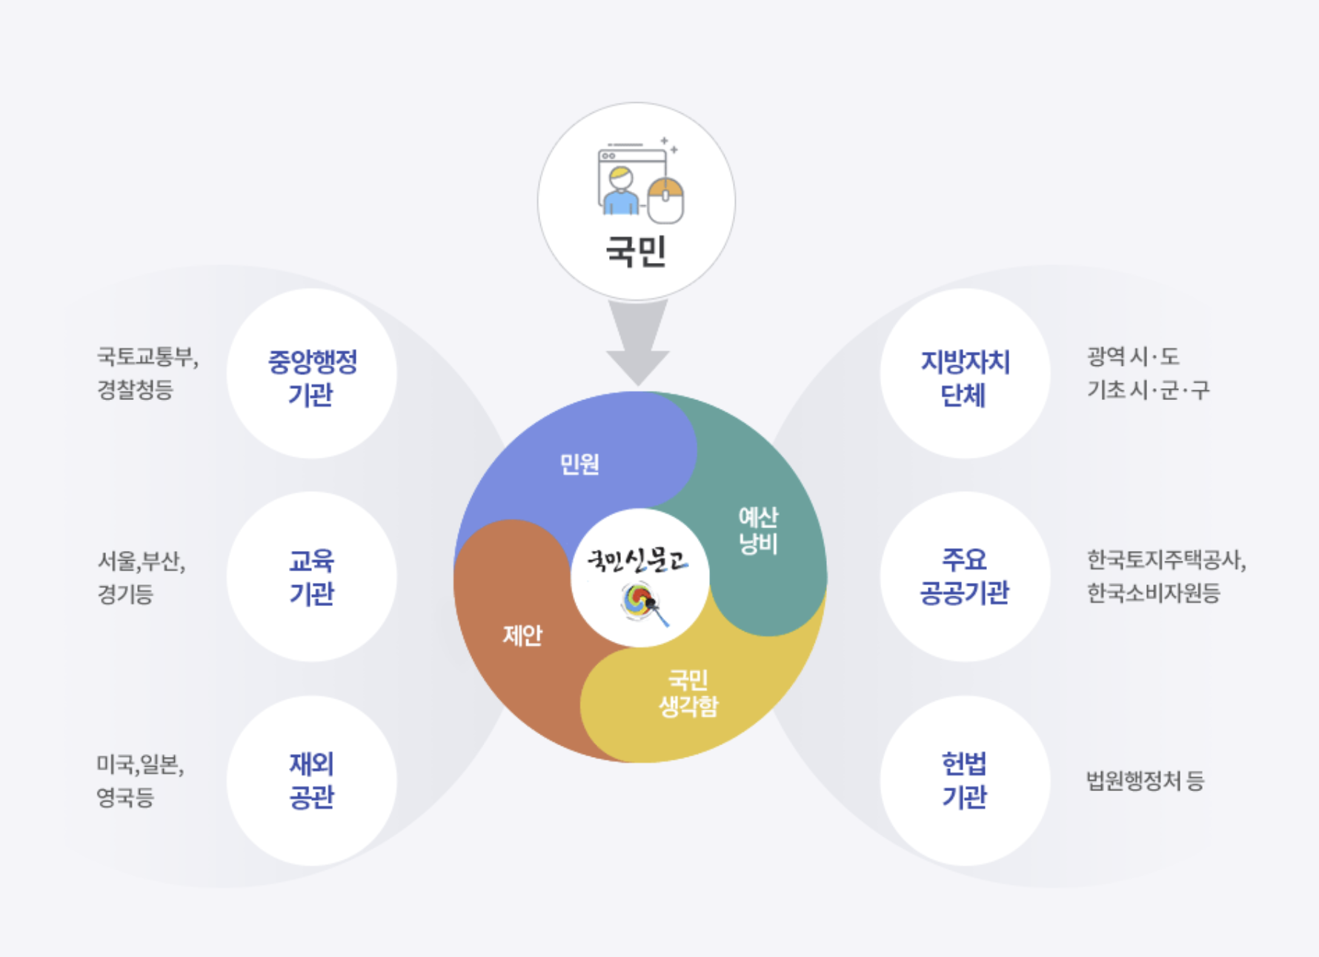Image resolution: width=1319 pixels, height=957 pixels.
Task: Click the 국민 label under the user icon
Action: point(636,251)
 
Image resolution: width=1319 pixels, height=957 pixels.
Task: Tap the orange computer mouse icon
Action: point(665,200)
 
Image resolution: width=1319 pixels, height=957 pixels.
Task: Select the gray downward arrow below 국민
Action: point(637,341)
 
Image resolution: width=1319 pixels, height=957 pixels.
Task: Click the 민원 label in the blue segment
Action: point(579,464)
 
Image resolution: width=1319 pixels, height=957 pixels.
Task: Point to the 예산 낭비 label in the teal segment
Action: point(758,530)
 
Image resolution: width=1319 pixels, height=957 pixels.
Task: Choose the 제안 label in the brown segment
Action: point(522,635)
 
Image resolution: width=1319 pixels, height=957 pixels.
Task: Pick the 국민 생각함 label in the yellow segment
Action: point(688,693)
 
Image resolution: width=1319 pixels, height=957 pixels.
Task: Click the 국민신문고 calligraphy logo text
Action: point(637,561)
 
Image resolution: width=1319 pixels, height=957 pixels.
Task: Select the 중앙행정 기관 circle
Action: point(311,374)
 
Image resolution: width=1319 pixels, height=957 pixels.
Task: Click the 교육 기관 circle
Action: point(311,577)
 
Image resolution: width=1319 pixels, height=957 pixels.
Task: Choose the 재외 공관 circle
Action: point(311,781)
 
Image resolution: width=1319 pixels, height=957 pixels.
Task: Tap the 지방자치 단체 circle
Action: point(965,374)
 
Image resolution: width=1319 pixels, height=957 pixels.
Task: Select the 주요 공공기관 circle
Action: point(965,577)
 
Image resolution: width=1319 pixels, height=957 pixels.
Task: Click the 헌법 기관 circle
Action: point(965,781)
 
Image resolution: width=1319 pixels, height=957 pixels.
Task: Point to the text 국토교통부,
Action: point(147,357)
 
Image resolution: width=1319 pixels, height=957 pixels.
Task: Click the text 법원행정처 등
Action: point(1145,781)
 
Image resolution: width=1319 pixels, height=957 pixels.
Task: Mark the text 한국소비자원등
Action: point(1153,593)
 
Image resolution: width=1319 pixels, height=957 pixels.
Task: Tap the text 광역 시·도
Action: point(1133,357)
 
